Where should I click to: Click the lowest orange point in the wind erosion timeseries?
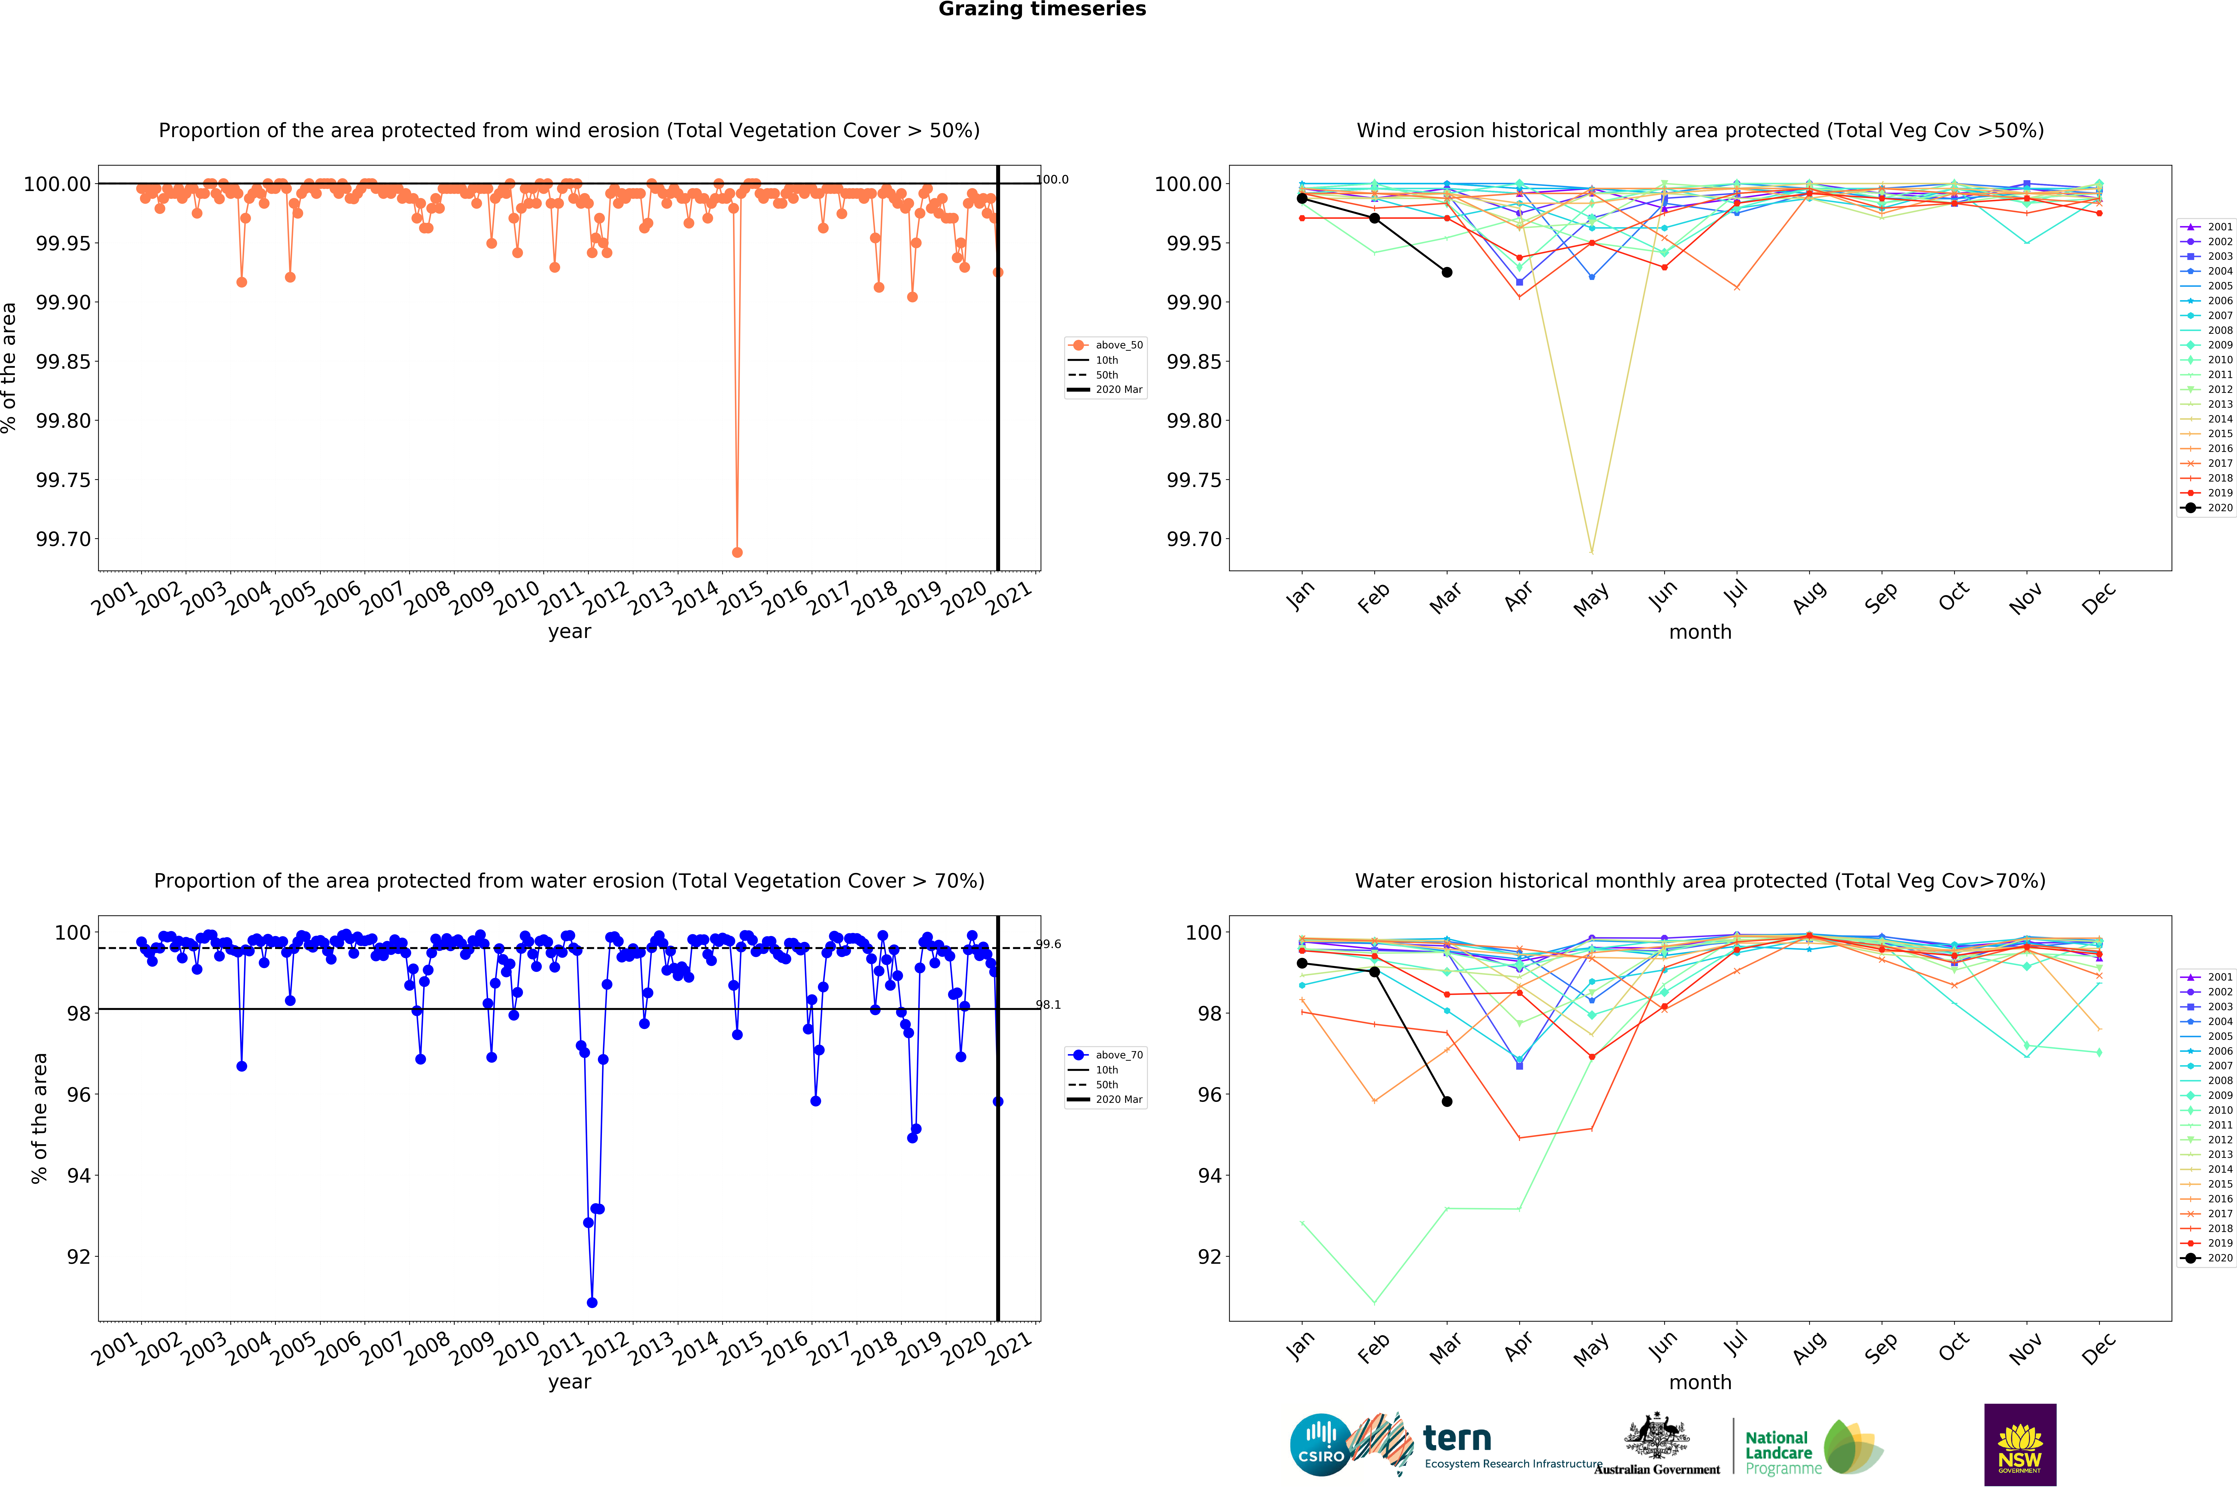[736, 552]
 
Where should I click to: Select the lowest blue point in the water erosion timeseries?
[592, 1303]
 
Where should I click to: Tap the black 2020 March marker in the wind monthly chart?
[1447, 272]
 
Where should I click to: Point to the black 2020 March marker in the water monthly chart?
[1447, 1101]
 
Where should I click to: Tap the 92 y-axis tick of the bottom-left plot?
[79, 1257]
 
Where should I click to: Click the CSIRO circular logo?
[1320, 1444]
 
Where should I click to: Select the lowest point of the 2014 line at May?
[1592, 552]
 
